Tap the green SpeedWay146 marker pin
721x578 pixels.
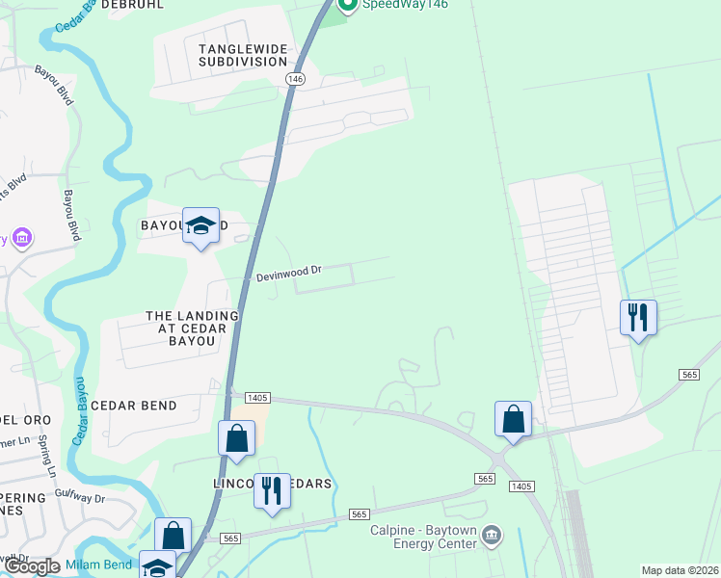348,7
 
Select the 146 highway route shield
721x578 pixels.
295,78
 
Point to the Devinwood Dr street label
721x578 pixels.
288,275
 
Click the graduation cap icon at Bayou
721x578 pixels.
200,226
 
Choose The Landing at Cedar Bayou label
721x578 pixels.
192,328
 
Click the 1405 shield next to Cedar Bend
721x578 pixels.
256,397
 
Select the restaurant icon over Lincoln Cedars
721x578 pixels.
272,491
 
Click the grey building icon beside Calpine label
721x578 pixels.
492,534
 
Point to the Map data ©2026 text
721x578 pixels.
680,570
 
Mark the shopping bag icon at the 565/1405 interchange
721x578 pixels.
513,419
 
